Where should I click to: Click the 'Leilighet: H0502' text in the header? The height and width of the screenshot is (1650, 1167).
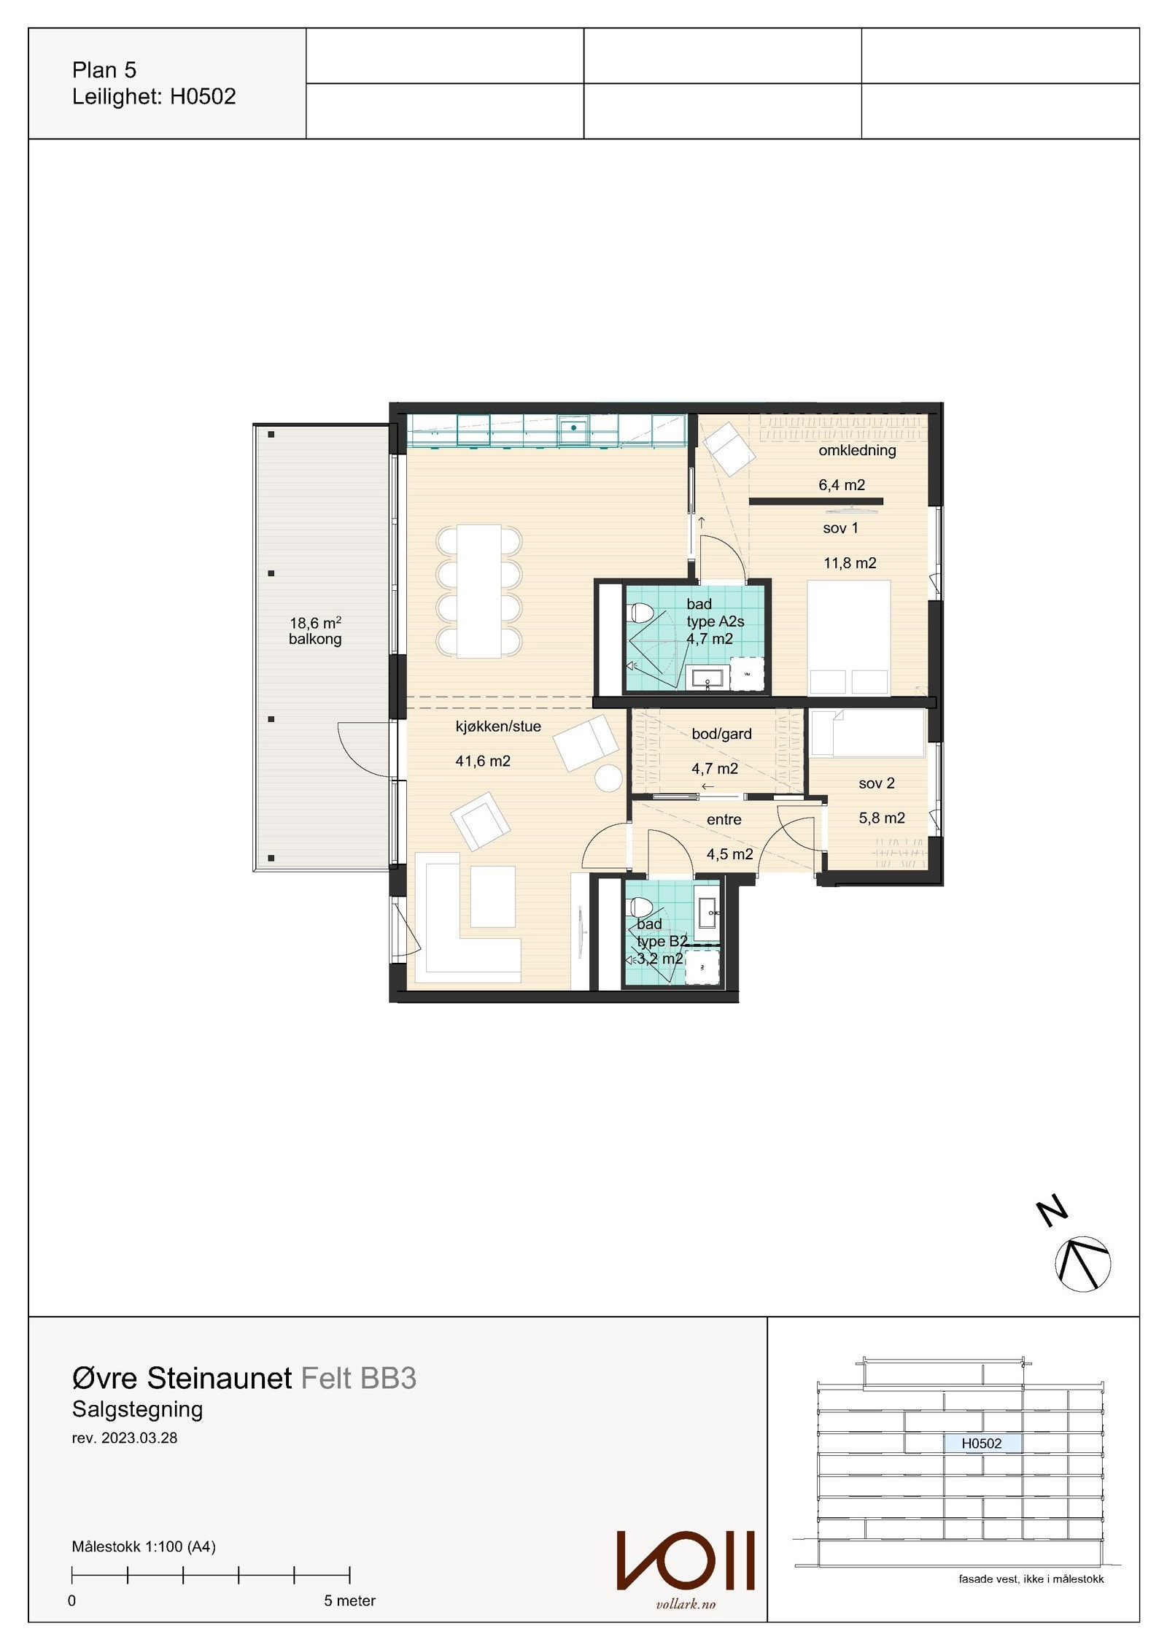coord(154,97)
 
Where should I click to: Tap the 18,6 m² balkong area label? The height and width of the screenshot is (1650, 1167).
coord(315,631)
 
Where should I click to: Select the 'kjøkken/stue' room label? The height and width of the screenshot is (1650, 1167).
coord(498,727)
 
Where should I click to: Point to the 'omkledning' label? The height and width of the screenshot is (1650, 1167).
coord(857,450)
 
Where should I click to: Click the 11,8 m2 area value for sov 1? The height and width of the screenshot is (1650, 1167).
coord(850,563)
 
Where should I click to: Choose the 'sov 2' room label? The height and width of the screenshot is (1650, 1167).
coord(876,783)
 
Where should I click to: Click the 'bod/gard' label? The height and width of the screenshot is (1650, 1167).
coord(721,734)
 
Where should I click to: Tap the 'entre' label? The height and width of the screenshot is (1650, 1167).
coord(724,820)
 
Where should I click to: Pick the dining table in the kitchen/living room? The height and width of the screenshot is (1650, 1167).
coord(478,591)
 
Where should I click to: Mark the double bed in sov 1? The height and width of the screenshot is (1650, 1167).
coord(850,637)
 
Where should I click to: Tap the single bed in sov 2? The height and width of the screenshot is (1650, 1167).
coord(868,733)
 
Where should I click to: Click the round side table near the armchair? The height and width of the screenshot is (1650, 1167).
coord(608,778)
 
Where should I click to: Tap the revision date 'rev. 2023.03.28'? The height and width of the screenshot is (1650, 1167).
coord(124,1438)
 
